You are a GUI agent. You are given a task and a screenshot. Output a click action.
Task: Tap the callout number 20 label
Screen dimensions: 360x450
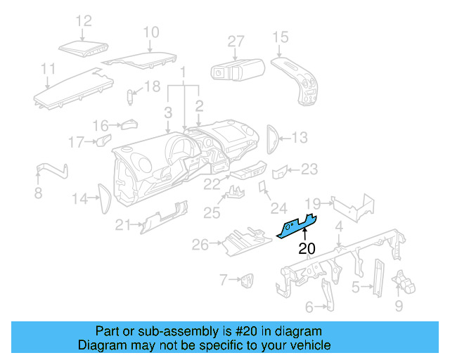(x=307, y=248)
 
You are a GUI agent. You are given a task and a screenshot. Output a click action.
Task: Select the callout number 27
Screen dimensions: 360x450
(x=236, y=41)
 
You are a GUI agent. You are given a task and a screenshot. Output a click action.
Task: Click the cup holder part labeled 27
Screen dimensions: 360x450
(x=237, y=70)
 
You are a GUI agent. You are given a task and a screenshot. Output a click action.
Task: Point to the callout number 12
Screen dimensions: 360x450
(x=84, y=21)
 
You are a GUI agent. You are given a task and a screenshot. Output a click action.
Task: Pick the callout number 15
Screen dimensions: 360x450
(x=280, y=37)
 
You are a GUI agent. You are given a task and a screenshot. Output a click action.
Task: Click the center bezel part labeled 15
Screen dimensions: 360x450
(x=299, y=81)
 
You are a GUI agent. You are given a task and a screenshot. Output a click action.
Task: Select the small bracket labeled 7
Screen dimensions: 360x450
(x=247, y=281)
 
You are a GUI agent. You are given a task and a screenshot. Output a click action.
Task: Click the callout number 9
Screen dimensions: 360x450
(x=399, y=306)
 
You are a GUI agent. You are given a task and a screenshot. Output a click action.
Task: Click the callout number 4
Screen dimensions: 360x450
(x=339, y=226)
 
